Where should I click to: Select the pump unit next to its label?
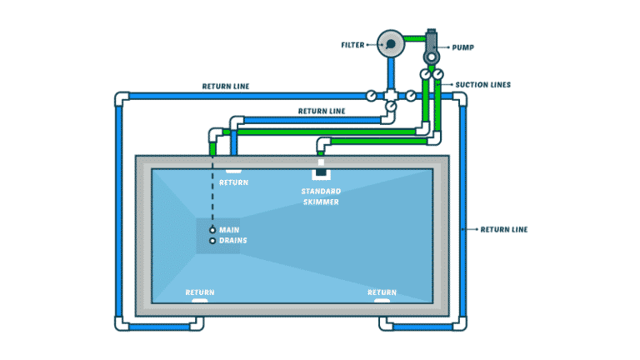click(432, 45)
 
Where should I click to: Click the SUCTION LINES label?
click(482, 85)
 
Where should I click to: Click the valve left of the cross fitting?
click(372, 96)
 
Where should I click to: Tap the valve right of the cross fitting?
click(409, 96)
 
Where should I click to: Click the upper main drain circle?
click(212, 229)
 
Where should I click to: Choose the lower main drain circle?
click(212, 241)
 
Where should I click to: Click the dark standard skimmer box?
click(322, 174)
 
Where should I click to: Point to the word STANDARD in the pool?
click(320, 192)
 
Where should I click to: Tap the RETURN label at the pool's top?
click(233, 182)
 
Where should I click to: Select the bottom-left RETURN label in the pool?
click(200, 292)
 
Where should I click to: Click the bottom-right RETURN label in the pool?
click(382, 292)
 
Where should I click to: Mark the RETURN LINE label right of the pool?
click(503, 229)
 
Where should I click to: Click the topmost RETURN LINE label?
click(225, 86)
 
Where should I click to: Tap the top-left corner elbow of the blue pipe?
click(121, 99)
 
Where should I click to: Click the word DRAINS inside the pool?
click(233, 241)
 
